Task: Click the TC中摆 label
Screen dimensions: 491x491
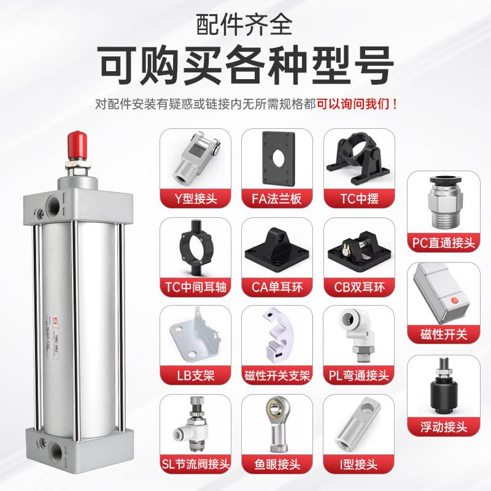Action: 358,199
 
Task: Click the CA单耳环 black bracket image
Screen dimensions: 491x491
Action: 277,248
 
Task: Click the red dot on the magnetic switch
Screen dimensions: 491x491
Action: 455,301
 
